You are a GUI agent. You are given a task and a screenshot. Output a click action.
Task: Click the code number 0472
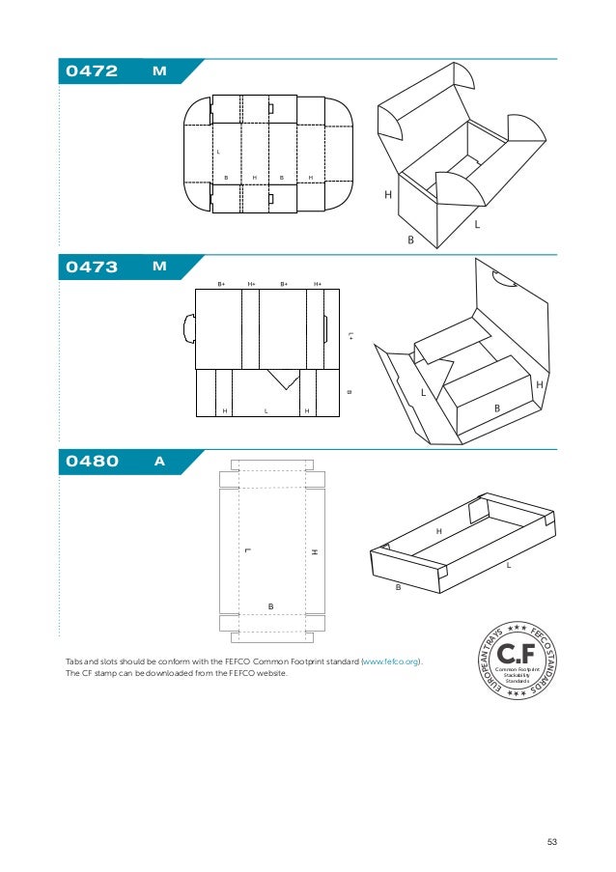92,71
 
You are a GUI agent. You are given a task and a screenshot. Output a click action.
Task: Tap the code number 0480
92,462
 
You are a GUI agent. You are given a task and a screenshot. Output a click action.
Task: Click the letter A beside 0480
159,462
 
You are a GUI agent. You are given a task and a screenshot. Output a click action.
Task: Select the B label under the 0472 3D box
409,239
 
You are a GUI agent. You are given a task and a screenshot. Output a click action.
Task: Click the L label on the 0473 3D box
423,393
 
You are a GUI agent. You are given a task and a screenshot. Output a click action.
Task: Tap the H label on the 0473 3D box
539,384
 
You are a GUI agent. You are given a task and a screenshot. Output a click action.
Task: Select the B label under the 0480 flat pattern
271,605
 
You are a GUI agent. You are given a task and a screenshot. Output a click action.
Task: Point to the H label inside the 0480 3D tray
438,532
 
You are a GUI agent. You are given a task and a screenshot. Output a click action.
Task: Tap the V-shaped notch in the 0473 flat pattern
284,379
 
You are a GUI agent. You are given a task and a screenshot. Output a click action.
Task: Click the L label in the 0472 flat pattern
218,152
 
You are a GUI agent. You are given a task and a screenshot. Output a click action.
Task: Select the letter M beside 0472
159,71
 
